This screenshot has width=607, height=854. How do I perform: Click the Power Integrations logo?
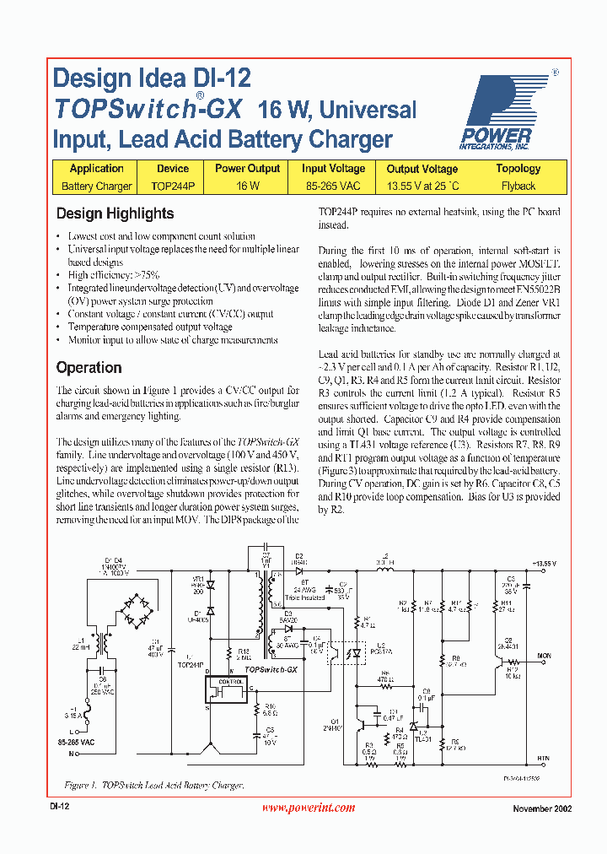click(x=499, y=111)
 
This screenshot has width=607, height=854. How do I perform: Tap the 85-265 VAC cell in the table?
click(x=333, y=186)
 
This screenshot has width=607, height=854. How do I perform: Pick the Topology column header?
click(x=518, y=169)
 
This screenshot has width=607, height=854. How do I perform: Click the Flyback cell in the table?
click(x=518, y=186)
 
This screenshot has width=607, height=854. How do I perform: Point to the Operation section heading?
click(x=89, y=368)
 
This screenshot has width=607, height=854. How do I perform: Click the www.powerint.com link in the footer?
click(x=309, y=808)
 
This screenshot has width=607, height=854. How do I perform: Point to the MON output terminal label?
click(x=544, y=655)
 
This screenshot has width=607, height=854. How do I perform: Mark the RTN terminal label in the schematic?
click(x=543, y=759)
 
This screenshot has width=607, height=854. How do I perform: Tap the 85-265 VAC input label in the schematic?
click(x=77, y=743)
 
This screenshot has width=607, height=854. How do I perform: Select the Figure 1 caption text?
click(x=154, y=786)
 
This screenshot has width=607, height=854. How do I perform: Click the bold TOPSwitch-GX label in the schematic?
click(x=270, y=668)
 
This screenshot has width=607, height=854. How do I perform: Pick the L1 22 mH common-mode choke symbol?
click(x=105, y=645)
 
